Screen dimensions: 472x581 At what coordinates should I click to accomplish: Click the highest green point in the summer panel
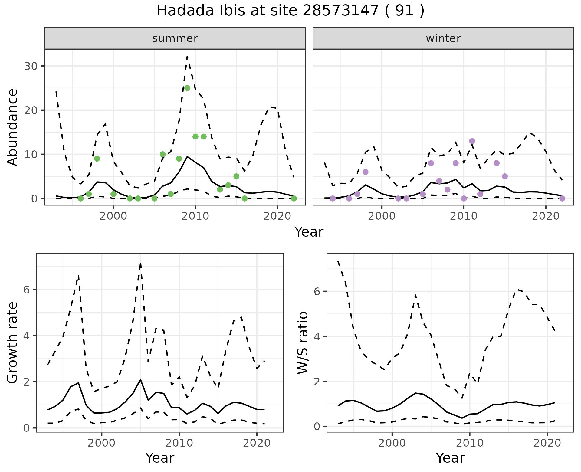click(x=187, y=88)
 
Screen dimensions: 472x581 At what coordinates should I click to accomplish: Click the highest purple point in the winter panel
click(x=472, y=141)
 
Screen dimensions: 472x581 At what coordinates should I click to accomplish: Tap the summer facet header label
click(x=175, y=38)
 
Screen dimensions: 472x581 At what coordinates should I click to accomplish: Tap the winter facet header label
click(x=443, y=38)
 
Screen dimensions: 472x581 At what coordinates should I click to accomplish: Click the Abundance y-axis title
click(x=13, y=127)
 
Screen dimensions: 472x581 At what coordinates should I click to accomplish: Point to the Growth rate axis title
click(x=13, y=343)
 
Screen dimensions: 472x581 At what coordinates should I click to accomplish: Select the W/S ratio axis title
click(x=303, y=343)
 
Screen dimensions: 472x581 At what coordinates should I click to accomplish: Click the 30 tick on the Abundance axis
click(x=31, y=66)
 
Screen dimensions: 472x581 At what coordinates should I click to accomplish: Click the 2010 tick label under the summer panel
click(x=195, y=216)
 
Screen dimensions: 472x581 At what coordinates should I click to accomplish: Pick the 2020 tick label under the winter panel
click(x=545, y=216)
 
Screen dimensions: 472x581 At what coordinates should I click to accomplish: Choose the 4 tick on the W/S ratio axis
click(x=317, y=336)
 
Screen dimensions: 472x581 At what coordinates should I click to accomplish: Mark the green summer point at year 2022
click(x=294, y=198)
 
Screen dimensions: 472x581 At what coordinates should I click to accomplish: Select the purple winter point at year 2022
click(x=562, y=198)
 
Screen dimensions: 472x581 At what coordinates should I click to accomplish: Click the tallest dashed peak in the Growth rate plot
click(x=141, y=264)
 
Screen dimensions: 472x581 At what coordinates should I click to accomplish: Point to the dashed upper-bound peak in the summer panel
click(x=187, y=57)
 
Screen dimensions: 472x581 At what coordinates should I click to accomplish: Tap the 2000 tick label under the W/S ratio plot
click(x=392, y=443)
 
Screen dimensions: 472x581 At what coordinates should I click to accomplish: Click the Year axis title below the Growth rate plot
click(x=160, y=458)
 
